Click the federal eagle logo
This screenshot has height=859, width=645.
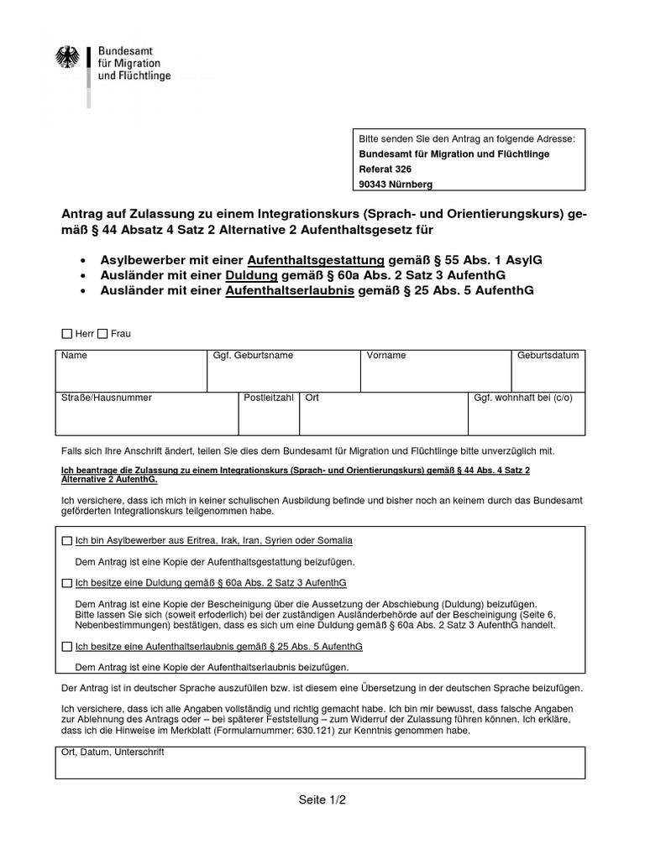click(x=66, y=58)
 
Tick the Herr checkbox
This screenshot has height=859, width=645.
click(x=67, y=334)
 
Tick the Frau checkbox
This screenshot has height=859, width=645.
click(x=102, y=334)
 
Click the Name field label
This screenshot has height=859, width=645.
click(x=74, y=356)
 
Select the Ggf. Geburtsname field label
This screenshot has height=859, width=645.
click(x=253, y=356)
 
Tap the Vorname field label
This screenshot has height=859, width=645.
click(x=386, y=356)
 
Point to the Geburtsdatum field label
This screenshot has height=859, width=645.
click(x=548, y=356)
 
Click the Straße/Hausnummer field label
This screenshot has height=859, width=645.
click(x=106, y=398)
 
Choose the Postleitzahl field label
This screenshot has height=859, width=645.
click(x=269, y=398)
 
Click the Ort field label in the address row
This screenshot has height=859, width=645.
click(x=312, y=398)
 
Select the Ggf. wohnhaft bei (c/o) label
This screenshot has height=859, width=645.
click(x=523, y=398)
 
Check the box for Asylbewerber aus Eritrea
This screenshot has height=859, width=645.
click(x=67, y=540)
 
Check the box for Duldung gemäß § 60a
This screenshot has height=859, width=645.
click(x=67, y=582)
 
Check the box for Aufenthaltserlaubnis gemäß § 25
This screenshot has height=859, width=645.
click(x=67, y=648)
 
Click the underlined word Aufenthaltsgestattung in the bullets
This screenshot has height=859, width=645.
click(x=317, y=261)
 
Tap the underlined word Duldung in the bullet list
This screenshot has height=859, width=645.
click(x=249, y=276)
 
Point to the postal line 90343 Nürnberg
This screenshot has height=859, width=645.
click(x=396, y=184)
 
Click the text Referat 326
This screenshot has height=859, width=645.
click(x=385, y=169)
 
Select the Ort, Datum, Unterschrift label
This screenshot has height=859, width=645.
click(x=113, y=752)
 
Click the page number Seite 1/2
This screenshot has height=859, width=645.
click(x=322, y=799)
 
